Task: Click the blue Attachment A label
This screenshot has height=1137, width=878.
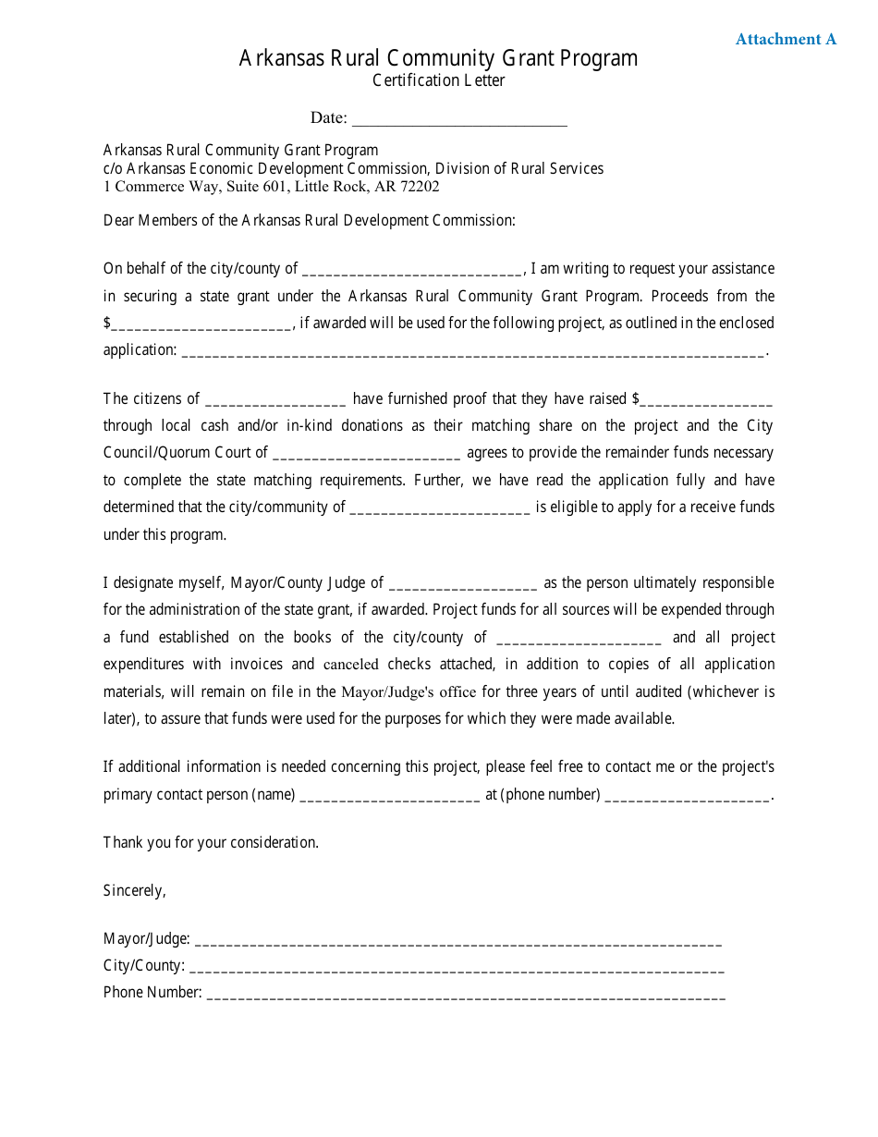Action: click(786, 39)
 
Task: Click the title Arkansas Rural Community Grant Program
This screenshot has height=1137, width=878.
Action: click(438, 58)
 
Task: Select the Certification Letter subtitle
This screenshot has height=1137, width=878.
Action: click(438, 80)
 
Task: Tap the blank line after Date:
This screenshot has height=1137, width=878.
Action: click(459, 118)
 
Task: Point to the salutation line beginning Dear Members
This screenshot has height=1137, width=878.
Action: click(309, 220)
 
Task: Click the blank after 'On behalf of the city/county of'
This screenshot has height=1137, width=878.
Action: click(412, 270)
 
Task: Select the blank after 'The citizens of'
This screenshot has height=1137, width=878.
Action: click(275, 400)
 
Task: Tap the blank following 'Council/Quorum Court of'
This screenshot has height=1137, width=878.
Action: click(367, 454)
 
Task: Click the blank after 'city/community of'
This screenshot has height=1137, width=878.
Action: click(441, 508)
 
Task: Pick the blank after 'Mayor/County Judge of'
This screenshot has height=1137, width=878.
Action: click(463, 584)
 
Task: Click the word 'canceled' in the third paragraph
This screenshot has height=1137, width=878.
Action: click(350, 665)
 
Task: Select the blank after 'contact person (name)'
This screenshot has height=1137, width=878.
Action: click(390, 796)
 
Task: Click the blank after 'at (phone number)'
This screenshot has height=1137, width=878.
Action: click(687, 796)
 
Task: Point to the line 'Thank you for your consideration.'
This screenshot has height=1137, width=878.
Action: click(211, 842)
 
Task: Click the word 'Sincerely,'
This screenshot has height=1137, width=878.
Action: click(134, 890)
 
